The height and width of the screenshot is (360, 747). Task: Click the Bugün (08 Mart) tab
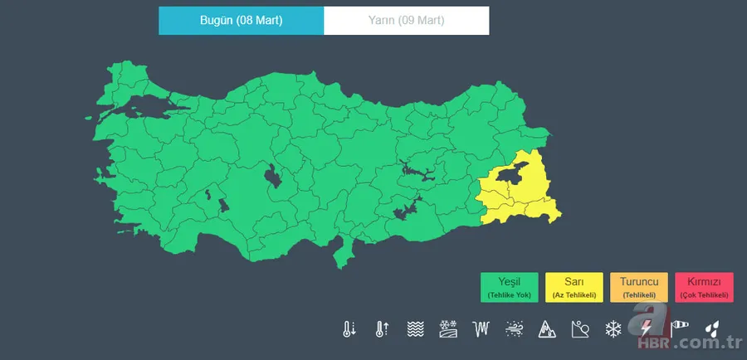click(241, 21)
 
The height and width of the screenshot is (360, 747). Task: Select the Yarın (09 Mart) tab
click(406, 21)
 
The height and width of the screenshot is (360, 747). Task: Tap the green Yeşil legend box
click(509, 287)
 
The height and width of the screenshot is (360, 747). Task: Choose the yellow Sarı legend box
click(574, 287)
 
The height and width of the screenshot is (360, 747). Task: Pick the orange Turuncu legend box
click(638, 287)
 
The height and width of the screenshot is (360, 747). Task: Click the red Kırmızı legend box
click(704, 287)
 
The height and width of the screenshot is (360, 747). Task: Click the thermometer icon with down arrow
click(349, 329)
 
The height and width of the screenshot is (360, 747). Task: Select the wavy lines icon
click(415, 329)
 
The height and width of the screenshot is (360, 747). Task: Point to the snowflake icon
click(613, 329)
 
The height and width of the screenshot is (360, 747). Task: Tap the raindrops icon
click(712, 329)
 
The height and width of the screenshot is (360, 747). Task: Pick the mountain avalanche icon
click(547, 329)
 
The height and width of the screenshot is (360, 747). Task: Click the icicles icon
click(481, 329)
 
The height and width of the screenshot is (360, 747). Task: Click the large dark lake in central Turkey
click(271, 176)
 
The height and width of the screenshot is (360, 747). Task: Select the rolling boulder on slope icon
click(580, 329)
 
